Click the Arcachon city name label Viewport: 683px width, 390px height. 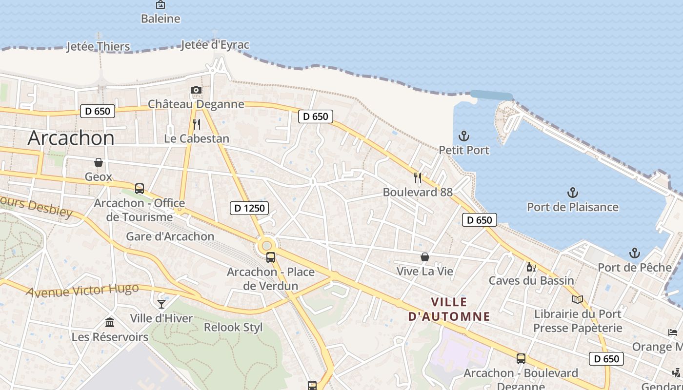coord(71,138)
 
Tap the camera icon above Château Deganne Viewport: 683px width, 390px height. coord(196,90)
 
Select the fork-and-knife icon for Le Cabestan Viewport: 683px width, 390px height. coord(197,124)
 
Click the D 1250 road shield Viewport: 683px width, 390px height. coord(250,208)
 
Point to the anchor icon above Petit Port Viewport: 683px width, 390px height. coord(464,136)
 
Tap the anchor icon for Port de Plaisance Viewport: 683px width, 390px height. coord(573,193)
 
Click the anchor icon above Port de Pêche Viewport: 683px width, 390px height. coord(635,253)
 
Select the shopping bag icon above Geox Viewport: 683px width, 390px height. coord(99,162)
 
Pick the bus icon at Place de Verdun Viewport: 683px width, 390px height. coord(271,257)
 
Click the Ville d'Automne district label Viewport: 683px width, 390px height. coord(449,309)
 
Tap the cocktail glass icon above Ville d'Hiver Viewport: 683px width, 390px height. coord(161,304)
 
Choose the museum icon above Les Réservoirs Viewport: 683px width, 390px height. coord(110,323)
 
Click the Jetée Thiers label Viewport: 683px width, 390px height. coord(98,47)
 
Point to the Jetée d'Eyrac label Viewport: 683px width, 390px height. coord(215,45)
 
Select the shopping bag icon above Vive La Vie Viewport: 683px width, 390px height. coord(425,257)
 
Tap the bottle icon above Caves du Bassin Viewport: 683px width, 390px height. coord(531,267)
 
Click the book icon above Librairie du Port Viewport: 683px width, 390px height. coord(578,299)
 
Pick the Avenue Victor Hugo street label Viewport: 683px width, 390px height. coord(82,291)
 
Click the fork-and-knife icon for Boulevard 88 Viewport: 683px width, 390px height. coord(418,177)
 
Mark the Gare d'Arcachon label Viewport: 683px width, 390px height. coord(170,236)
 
